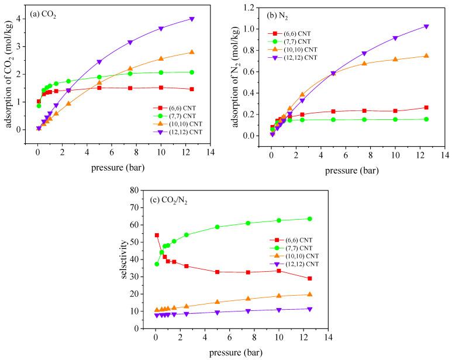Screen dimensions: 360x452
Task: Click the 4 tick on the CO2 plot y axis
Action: [20, 19]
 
